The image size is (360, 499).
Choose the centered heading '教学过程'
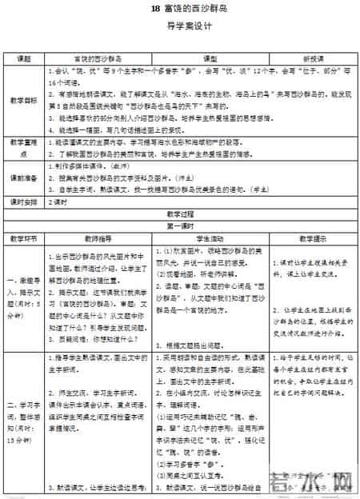(180, 214)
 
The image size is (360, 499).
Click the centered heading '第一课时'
(180, 226)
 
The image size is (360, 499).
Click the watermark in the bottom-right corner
(320, 480)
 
